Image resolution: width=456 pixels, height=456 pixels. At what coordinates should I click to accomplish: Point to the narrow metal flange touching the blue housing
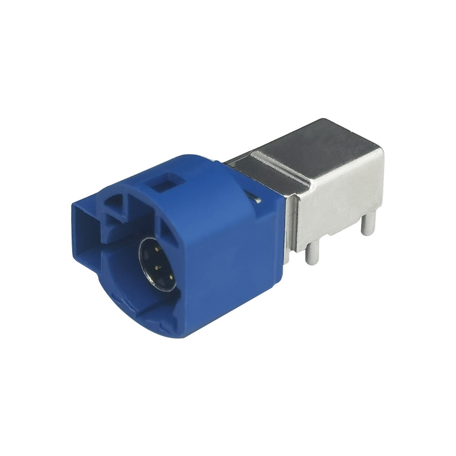(292, 228)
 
